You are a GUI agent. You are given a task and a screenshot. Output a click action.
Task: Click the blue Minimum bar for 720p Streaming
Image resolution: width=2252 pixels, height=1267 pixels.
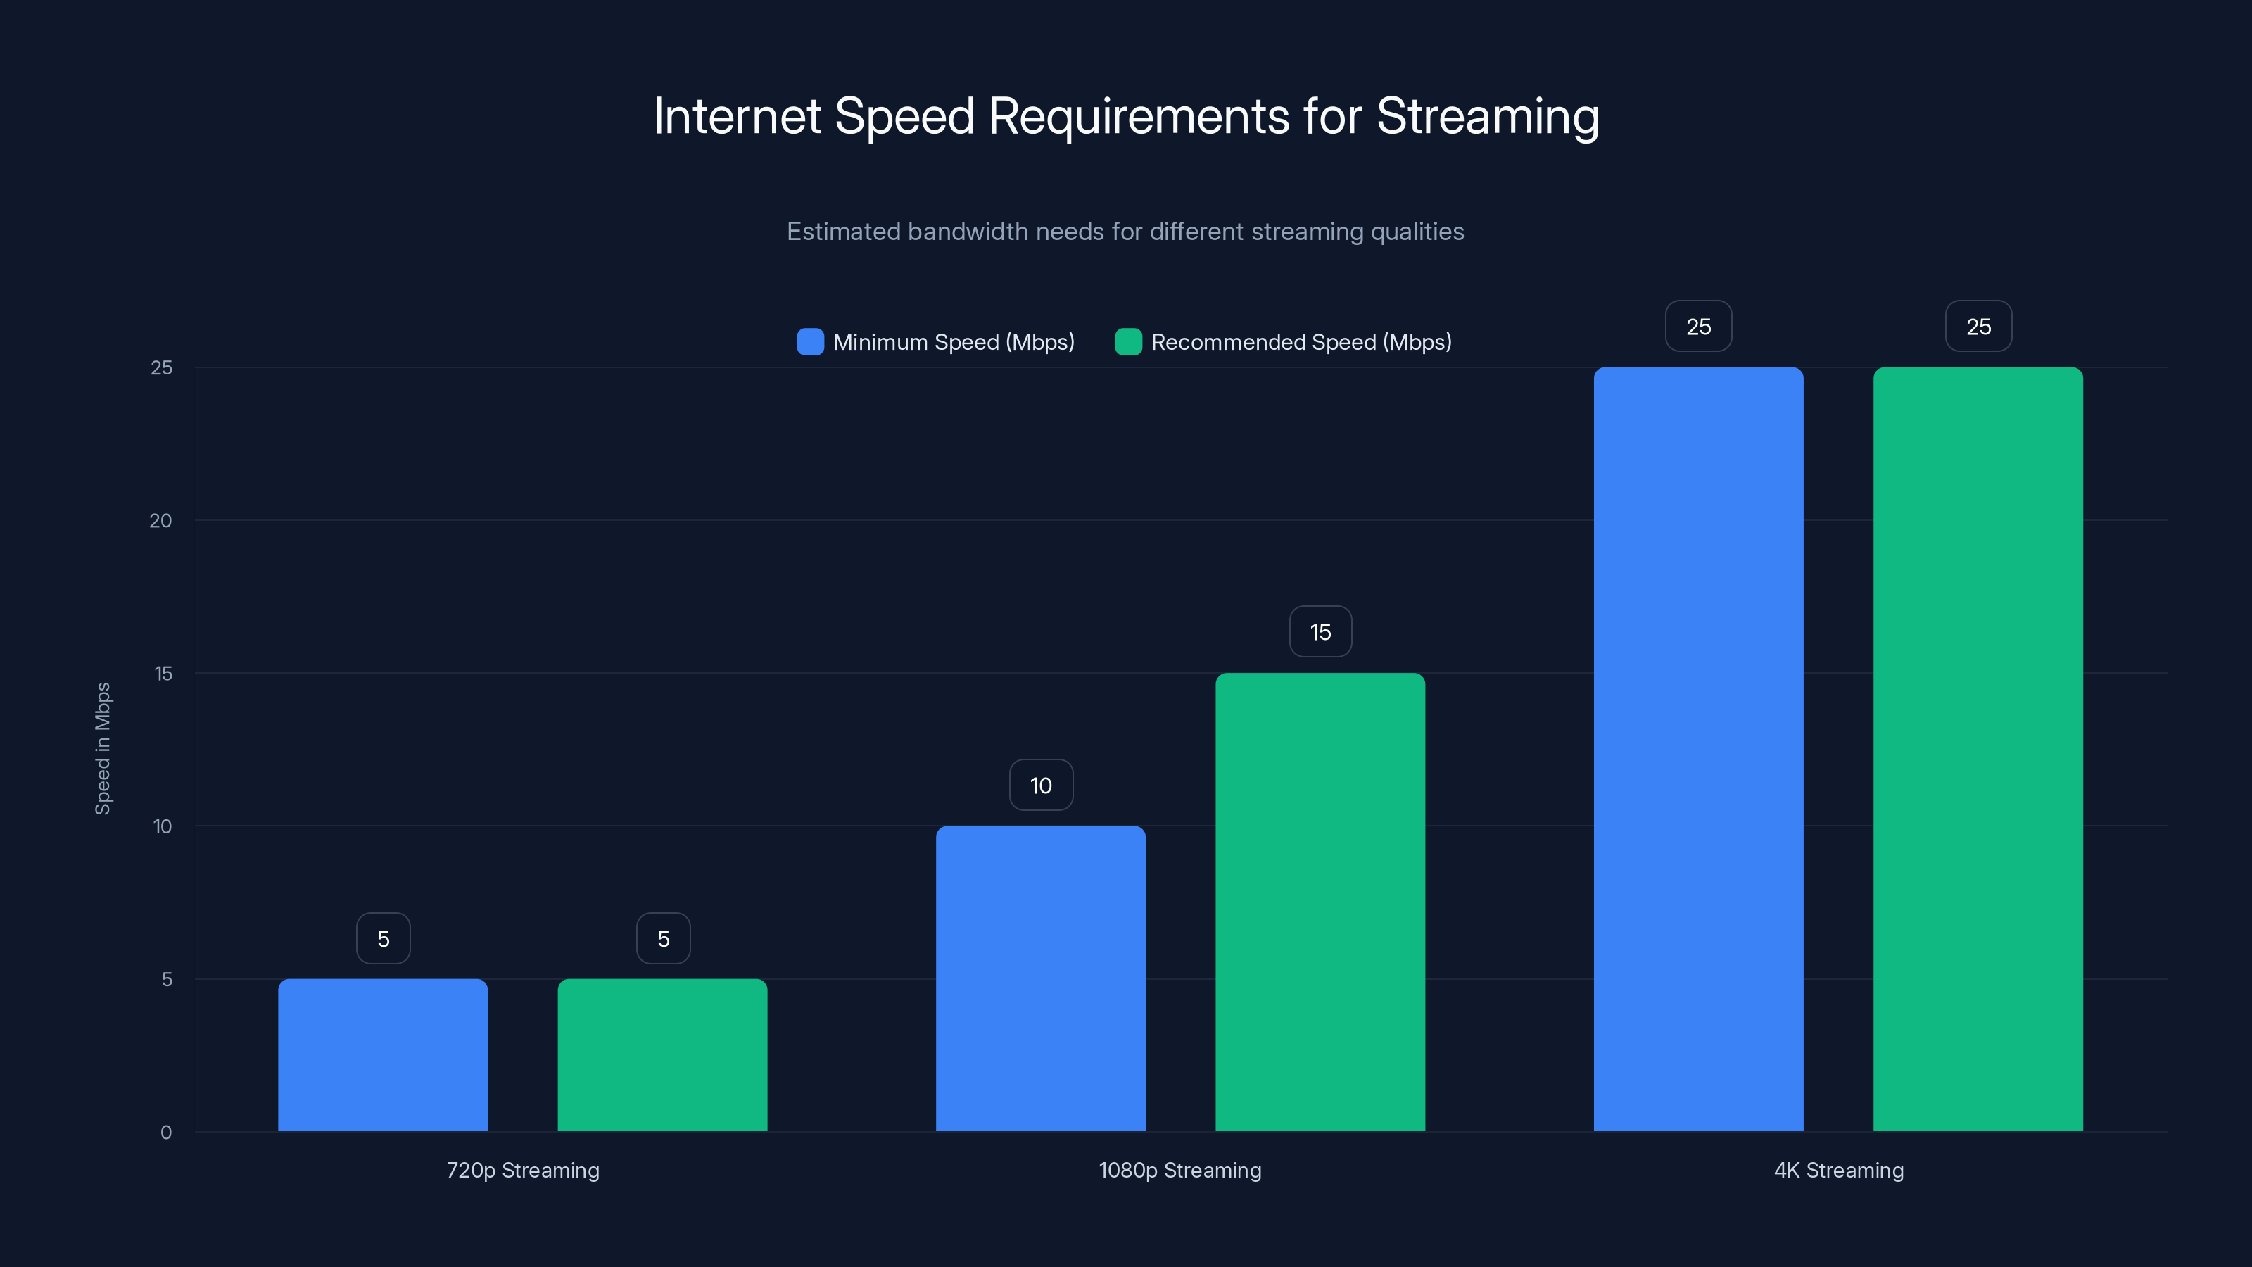coord(383,1054)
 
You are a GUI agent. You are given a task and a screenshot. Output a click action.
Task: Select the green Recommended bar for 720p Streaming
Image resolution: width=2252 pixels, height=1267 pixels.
coord(663,1054)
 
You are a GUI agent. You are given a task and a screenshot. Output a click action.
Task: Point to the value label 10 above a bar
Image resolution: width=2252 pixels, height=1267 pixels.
coord(1040,786)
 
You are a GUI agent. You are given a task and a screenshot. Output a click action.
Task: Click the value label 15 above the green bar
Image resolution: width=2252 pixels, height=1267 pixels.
coord(1320,632)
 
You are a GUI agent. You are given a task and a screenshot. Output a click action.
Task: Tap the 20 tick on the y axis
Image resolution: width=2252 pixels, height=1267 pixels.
coord(161,521)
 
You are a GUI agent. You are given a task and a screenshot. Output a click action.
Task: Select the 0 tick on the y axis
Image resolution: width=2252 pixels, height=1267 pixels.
coord(166,1133)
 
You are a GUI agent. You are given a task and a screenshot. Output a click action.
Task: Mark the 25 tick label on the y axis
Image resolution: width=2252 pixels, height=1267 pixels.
coord(162,368)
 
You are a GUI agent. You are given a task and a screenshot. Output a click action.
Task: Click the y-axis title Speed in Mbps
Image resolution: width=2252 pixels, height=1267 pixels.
coord(103,748)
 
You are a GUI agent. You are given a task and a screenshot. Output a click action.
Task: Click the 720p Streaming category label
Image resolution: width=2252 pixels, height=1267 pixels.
coord(523,1170)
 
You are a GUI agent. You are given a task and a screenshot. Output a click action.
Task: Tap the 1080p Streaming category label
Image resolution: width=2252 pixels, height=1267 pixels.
coord(1180,1170)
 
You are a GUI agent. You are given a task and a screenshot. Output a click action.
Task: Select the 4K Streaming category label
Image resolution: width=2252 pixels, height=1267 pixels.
coord(1838,1170)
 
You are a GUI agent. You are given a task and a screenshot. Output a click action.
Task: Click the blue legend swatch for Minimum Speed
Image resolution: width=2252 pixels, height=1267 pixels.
coord(811,342)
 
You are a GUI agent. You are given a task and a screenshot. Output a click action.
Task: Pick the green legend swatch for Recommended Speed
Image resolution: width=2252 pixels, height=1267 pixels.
coord(1129,342)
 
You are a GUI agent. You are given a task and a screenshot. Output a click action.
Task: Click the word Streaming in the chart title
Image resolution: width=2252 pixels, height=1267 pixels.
coord(1487,117)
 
